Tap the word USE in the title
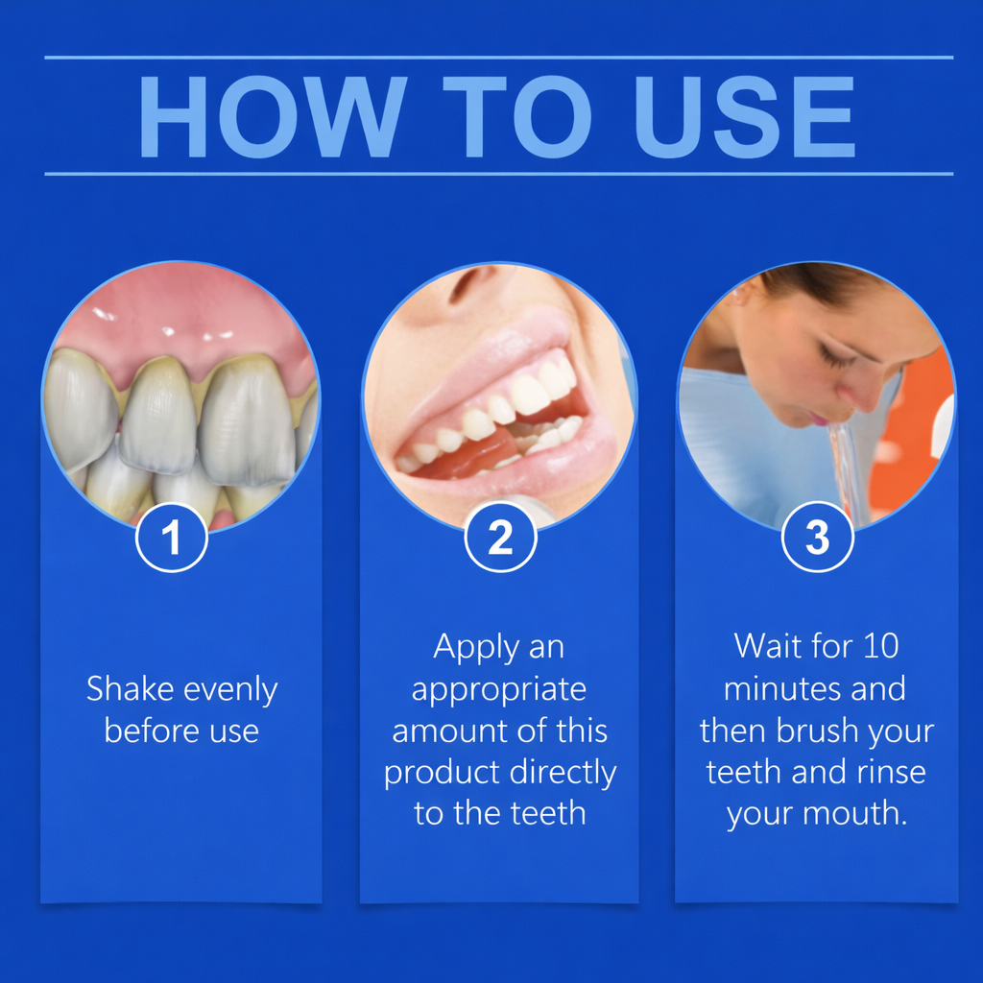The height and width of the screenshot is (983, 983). (x=745, y=116)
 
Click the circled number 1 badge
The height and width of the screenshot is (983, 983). (x=172, y=539)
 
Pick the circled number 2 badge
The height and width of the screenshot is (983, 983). (x=500, y=539)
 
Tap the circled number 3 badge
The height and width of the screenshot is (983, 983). (x=817, y=539)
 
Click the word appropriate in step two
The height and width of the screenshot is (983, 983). (x=498, y=690)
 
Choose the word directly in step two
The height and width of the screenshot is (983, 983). (x=563, y=773)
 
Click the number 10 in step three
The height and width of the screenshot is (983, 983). (x=879, y=645)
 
